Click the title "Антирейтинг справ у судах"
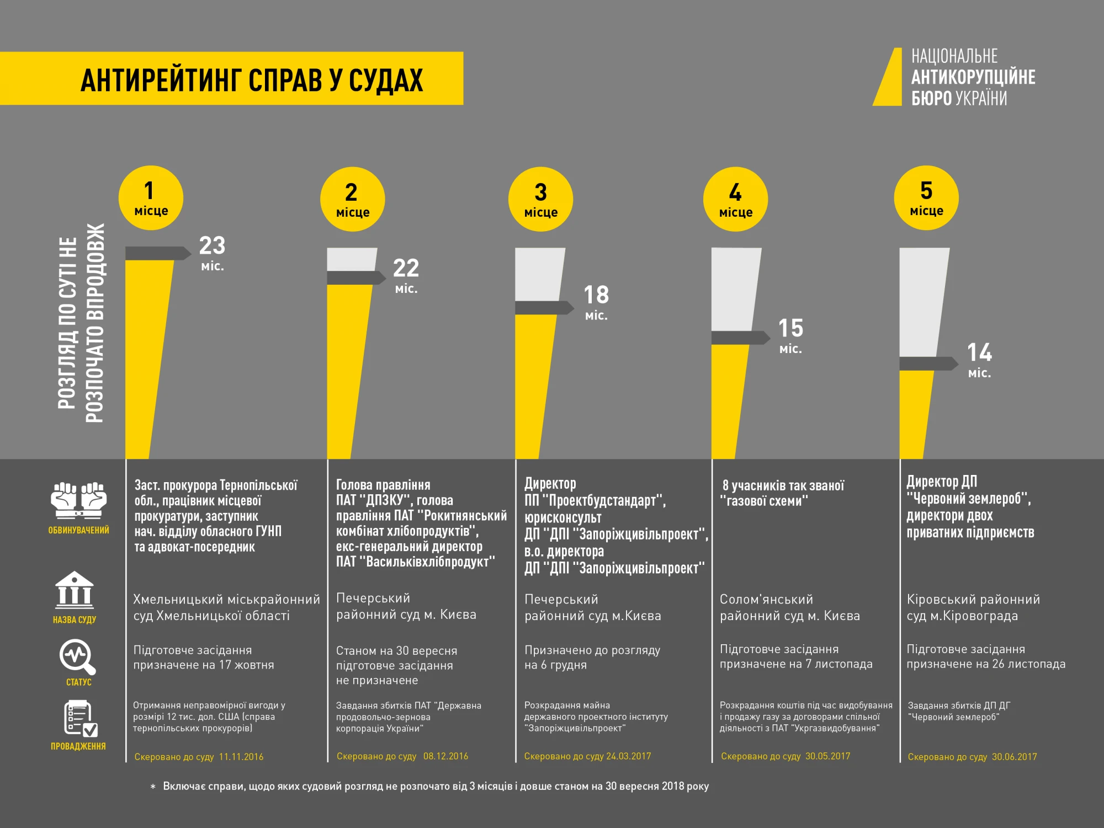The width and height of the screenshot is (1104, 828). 251,79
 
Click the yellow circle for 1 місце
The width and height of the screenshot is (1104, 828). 151,198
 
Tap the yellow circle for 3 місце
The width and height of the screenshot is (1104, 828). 540,199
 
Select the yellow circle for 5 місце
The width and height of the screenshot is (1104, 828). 926,198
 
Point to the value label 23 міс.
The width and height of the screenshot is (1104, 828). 212,253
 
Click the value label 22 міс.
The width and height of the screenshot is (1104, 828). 406,275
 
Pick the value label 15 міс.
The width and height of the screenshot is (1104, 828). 790,335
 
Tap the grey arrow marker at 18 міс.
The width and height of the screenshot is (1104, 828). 544,308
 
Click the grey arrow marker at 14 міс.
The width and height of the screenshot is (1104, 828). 928,364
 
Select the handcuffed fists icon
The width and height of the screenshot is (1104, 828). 78,500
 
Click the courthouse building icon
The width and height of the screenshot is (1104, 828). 75,590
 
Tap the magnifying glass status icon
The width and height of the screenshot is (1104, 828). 77,656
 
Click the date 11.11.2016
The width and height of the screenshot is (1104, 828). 241,757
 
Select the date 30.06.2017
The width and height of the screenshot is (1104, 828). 1014,757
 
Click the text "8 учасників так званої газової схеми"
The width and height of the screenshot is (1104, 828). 783,493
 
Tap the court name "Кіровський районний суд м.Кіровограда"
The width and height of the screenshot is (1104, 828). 973,607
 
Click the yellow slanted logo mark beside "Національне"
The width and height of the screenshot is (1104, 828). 888,77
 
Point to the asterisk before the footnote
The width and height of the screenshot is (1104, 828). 153,787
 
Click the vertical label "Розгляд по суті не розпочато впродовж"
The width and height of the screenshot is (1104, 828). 81,323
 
